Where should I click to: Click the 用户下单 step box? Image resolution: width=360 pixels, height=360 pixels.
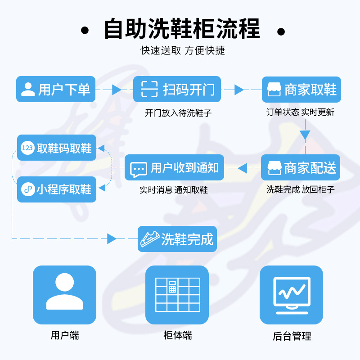pos(56,89)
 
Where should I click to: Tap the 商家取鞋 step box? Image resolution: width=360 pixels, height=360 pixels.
pos(301,89)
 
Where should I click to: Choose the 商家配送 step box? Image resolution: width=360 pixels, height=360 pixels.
pos(301,168)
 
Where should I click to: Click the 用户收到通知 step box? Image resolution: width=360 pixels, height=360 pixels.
pos(174,168)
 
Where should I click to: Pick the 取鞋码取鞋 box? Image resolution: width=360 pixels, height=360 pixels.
pos(57,148)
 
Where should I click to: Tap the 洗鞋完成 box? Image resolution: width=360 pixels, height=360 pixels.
pos(177,239)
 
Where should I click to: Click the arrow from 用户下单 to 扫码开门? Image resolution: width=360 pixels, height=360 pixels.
pos(117,90)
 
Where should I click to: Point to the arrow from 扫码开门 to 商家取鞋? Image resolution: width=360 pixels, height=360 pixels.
pos(239,90)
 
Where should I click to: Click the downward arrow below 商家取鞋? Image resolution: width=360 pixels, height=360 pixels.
pos(305,135)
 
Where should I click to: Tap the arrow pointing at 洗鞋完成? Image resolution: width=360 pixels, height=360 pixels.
pos(112,239)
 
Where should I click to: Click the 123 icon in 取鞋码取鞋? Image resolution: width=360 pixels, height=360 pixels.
pos(27,148)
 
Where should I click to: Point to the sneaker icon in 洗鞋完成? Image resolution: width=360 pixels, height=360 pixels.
pos(150,239)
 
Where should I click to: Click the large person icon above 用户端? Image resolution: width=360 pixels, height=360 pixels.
pos(64,292)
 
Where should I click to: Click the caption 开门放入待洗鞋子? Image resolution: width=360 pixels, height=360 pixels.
pos(178,113)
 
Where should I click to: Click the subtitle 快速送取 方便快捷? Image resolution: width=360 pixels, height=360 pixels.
pos(183,50)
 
